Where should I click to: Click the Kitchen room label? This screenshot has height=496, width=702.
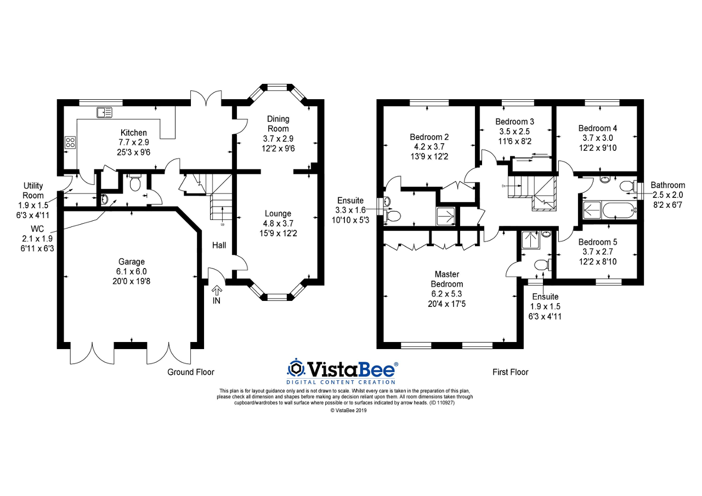tap(134, 133)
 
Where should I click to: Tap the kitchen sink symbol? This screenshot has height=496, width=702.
tap(104, 112)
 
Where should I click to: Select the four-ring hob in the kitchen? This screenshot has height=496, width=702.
tap(71, 143)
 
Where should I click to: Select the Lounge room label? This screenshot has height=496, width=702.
tap(278, 213)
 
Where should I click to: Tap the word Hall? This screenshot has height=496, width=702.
tap(219, 246)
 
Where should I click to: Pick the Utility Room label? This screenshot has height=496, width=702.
tap(33, 191)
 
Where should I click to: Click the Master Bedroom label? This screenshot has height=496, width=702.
tap(446, 279)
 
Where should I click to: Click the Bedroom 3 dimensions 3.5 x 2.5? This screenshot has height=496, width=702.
tap(514, 132)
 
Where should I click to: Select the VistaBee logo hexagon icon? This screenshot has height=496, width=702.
tap(297, 367)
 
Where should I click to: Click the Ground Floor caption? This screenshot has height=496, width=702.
tap(190, 372)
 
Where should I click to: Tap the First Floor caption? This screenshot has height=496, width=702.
tap(510, 372)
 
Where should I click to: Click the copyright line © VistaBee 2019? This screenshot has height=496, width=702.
tap(348, 410)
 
